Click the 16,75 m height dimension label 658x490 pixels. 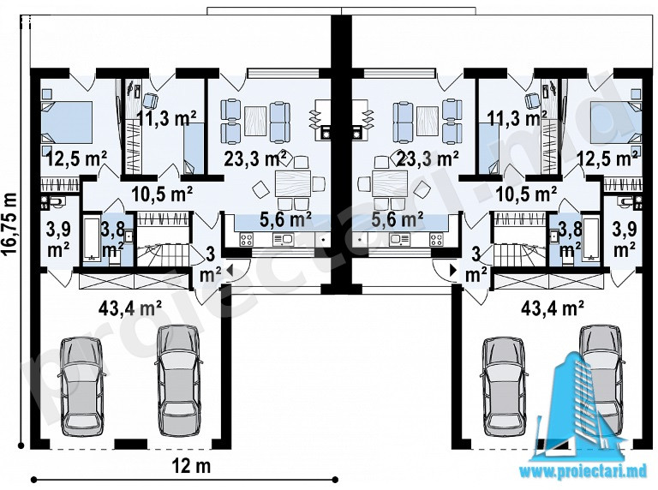pos(9,223)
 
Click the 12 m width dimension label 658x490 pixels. pos(191,466)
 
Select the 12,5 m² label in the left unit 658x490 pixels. pos(76,159)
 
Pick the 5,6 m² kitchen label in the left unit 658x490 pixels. pos(285,219)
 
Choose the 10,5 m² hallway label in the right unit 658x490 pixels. pos(526,194)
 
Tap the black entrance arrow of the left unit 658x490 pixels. pos(229,271)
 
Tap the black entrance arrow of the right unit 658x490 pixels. pos(453,270)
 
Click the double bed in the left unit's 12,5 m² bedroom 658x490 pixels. pos(67,122)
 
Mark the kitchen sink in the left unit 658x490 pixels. pos(283,240)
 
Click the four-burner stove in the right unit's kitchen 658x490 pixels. pos(435,240)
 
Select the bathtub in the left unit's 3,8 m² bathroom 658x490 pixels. pos(91,237)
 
